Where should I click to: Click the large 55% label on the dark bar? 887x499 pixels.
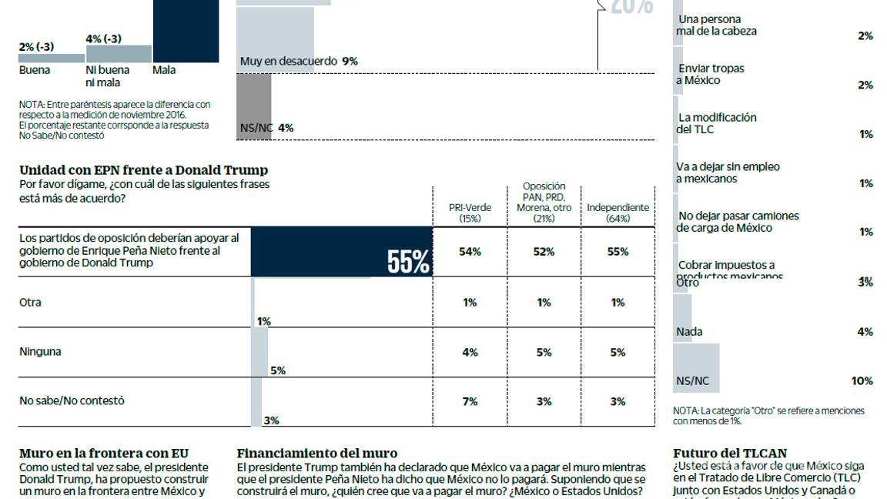(408, 263)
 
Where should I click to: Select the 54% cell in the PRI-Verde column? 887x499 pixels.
(470, 252)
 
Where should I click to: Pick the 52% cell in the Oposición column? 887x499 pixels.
(544, 252)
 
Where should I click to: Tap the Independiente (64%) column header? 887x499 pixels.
(618, 213)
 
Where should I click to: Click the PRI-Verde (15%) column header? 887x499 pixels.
(470, 213)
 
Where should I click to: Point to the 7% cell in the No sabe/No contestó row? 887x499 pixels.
(470, 401)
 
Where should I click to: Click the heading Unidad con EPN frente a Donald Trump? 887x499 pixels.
(143, 170)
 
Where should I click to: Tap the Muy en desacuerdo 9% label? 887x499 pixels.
(299, 61)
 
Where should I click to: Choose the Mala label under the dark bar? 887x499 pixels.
(164, 70)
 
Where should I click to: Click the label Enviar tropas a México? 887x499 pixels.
(710, 75)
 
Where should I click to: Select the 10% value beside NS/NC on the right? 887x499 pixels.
(862, 381)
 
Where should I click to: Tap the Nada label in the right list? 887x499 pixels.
(689, 332)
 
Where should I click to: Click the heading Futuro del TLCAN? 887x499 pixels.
(730, 454)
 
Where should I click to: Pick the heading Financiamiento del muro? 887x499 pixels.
(317, 454)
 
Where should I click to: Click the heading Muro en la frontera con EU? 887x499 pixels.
(103, 454)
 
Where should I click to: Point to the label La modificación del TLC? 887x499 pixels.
(716, 123)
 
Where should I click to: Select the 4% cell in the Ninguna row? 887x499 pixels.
(470, 352)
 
